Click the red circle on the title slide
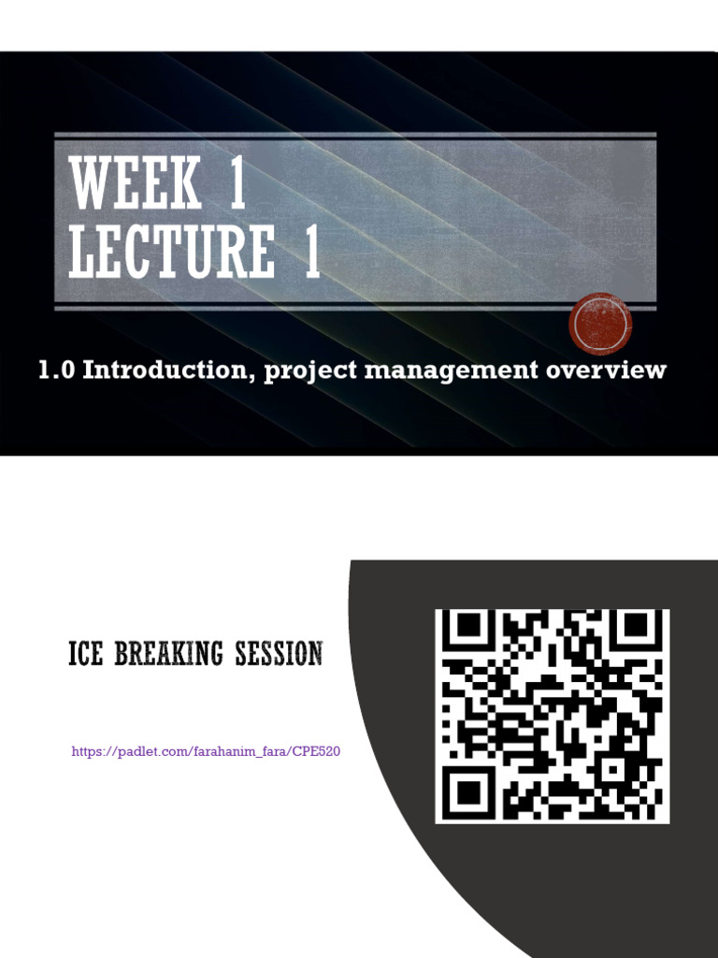(x=600, y=324)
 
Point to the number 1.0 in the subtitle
(x=56, y=370)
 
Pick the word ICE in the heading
(x=87, y=653)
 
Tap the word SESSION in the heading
(x=279, y=653)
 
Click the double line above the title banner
(x=355, y=136)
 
